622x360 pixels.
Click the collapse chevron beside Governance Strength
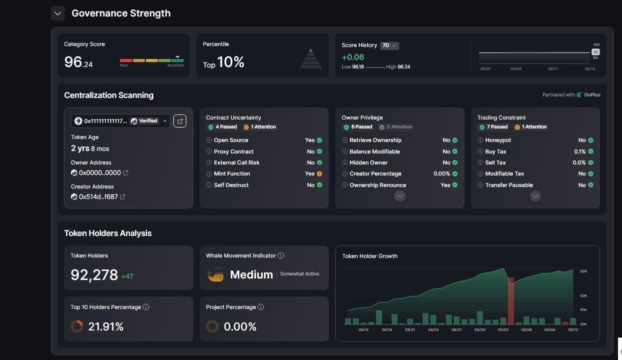click(58, 13)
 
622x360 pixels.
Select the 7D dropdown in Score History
click(389, 45)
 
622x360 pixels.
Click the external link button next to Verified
click(180, 121)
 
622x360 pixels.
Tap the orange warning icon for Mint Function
click(319, 174)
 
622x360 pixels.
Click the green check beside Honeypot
click(591, 140)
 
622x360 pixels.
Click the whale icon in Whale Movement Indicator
click(216, 274)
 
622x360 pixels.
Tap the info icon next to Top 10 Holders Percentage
click(146, 307)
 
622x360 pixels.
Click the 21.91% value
click(106, 327)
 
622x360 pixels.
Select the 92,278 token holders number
click(94, 275)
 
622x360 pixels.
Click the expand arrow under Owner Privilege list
click(400, 196)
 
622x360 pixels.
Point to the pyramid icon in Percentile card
click(310, 58)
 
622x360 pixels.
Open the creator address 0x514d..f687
click(98, 197)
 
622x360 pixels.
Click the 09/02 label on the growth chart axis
click(503, 330)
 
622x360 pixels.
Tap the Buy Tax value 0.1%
click(580, 151)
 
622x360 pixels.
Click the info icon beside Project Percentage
click(261, 307)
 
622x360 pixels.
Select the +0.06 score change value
click(353, 57)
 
